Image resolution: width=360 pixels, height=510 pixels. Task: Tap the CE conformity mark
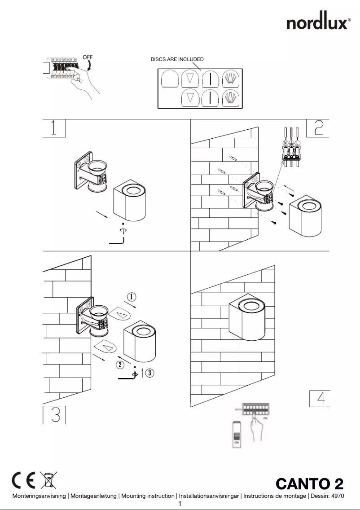click(23, 480)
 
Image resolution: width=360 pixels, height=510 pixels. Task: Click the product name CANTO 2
click(309, 484)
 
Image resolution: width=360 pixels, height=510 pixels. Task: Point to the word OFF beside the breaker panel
click(88, 57)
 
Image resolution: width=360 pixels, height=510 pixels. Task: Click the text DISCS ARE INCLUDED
click(177, 59)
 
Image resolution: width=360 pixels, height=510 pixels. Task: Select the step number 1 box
click(54, 128)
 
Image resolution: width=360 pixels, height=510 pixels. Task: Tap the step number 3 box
click(55, 415)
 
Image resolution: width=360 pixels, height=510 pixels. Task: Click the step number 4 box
click(320, 399)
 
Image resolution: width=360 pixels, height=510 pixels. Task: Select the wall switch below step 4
click(237, 433)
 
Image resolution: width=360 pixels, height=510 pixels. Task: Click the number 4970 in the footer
click(337, 496)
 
